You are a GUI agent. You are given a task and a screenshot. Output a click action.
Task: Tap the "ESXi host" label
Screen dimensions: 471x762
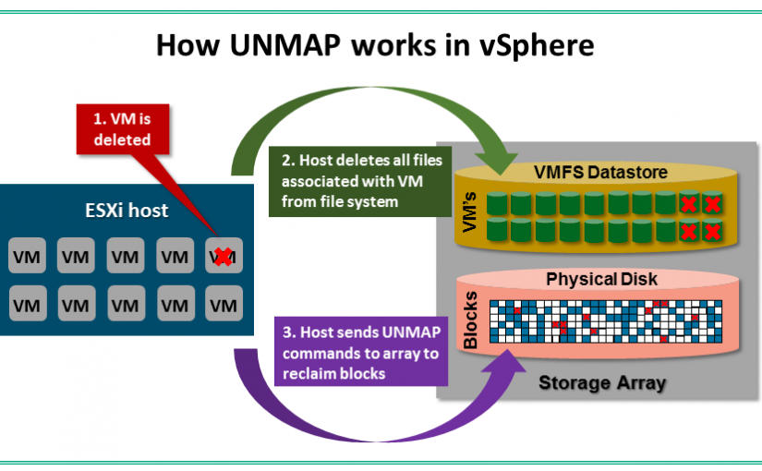pyautogui.click(x=126, y=211)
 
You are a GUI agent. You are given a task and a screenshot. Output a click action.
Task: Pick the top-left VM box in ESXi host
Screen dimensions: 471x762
pyautogui.click(x=28, y=256)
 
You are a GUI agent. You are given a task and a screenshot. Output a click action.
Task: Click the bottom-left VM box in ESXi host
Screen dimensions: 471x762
pyautogui.click(x=28, y=302)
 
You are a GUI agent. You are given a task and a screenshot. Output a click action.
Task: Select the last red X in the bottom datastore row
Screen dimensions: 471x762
pyautogui.click(x=712, y=231)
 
